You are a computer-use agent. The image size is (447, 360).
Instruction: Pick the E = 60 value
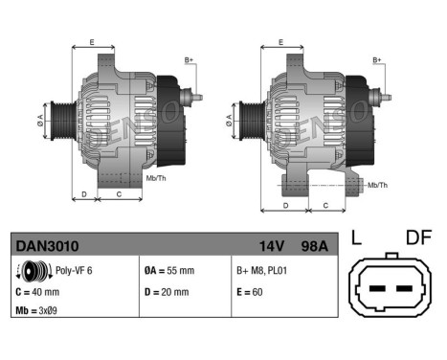point(252,292)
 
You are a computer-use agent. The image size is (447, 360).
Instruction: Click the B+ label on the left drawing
point(190,60)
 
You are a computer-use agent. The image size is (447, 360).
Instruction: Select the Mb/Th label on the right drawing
point(377,184)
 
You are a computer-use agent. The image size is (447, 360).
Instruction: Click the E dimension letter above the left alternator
point(92,42)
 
